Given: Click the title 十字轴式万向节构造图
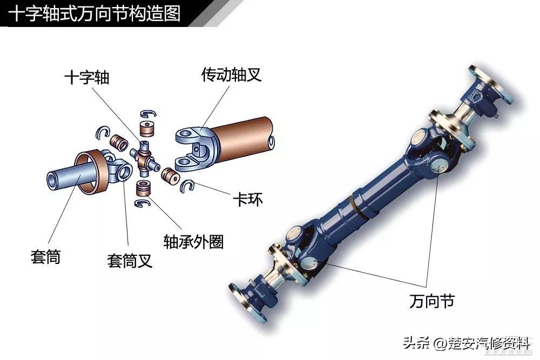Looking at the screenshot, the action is [x=94, y=14].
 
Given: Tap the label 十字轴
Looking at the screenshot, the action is [x=87, y=77].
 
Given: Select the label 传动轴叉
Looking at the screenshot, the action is [x=232, y=74].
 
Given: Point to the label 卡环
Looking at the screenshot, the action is [x=248, y=199].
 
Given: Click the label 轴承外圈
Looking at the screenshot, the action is [x=193, y=242].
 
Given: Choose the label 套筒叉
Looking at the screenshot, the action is [x=130, y=261].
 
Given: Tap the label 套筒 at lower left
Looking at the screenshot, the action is [x=45, y=257].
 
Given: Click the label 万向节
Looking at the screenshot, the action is [x=432, y=301].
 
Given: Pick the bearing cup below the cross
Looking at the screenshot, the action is [x=144, y=188].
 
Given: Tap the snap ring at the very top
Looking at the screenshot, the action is [x=148, y=114].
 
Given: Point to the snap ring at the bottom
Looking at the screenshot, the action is [x=143, y=203].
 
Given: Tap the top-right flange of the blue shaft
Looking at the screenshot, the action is [x=492, y=84].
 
